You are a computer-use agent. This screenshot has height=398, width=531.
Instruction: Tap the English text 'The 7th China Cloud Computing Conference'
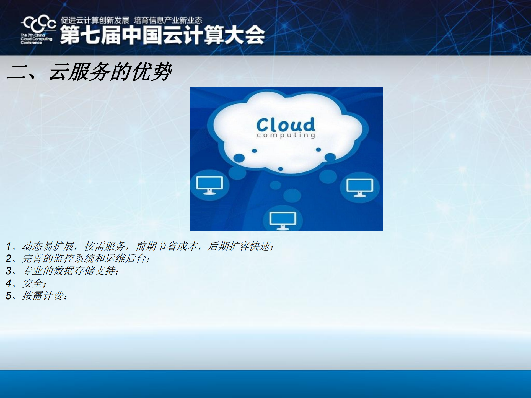point(36,39)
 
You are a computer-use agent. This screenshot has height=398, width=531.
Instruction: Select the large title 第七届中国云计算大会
point(162,35)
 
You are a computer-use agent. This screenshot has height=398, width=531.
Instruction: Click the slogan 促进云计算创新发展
point(95,20)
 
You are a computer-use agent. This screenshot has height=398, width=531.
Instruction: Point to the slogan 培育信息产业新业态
point(168,20)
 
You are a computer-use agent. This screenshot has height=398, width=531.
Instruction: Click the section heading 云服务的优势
point(110,72)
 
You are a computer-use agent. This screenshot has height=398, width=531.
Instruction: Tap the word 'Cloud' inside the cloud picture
point(286,125)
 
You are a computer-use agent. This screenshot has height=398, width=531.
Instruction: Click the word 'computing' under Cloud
point(286,135)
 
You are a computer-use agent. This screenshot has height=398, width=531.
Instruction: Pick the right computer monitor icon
point(360,188)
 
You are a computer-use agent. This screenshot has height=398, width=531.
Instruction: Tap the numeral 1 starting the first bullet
point(9,246)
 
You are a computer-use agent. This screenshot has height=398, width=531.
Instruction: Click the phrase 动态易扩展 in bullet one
point(48,246)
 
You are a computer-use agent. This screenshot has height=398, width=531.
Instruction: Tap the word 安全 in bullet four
point(33,283)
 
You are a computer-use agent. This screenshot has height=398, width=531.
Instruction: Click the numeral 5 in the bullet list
point(9,296)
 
